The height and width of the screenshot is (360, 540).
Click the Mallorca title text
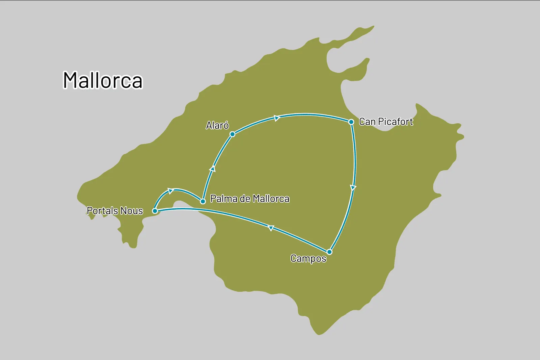[103, 80]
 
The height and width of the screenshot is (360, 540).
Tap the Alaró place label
[217, 126]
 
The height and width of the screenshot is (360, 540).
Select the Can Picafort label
[386, 122]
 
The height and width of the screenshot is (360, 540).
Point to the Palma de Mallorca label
[250, 199]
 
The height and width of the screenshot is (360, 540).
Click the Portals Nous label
[115, 211]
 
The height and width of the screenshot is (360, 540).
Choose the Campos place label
[308, 259]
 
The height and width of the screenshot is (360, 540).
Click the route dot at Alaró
[232, 134]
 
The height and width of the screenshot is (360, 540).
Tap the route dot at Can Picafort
[351, 122]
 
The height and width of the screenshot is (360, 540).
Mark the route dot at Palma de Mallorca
[203, 201]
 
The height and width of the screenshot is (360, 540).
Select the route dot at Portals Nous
[155, 211]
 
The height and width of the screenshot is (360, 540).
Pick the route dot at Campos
[329, 252]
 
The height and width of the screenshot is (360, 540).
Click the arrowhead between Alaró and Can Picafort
[277, 118]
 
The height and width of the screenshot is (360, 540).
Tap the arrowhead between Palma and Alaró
[213, 169]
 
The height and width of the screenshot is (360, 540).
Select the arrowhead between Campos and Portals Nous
[271, 228]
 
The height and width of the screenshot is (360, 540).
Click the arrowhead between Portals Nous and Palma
[170, 191]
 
